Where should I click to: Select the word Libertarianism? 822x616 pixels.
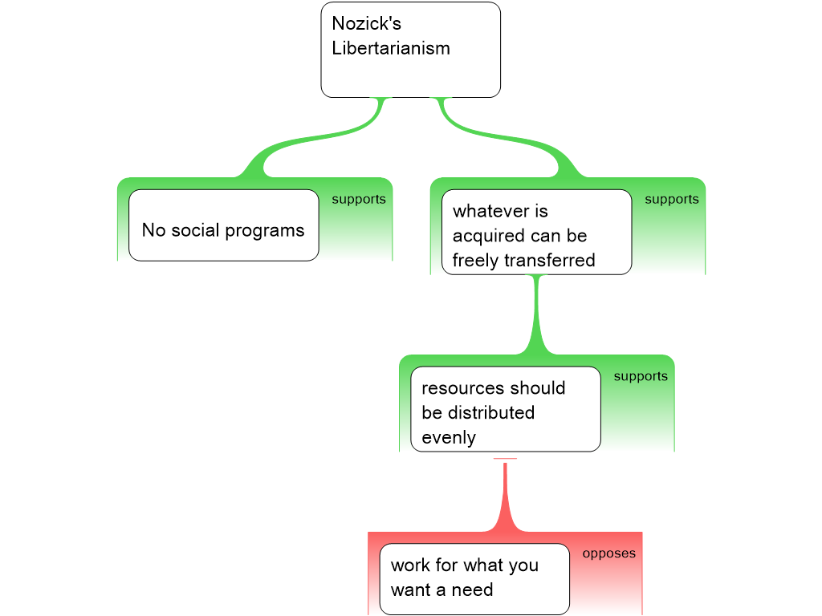coord(391,48)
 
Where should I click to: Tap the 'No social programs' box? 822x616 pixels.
coord(223,225)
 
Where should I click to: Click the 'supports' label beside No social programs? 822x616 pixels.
coord(359,200)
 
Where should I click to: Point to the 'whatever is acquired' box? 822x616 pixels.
coord(536,232)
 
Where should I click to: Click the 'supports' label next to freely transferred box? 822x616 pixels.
coord(672,200)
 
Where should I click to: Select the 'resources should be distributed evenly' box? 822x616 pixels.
coord(505,409)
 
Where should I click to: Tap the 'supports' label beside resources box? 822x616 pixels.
coord(641,377)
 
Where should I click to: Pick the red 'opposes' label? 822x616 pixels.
coord(609,553)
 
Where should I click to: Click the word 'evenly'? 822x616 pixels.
coord(449,438)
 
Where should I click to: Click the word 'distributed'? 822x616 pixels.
coord(490,413)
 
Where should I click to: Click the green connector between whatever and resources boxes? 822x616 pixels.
coord(536,317)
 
